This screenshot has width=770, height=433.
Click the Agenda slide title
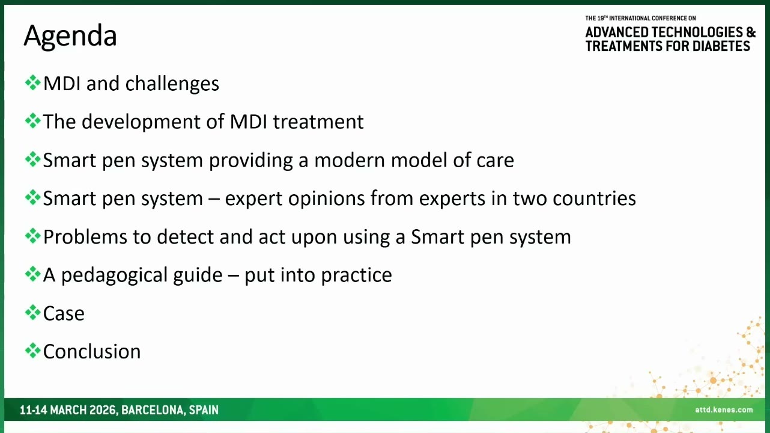click(70, 36)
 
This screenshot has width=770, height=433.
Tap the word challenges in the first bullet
click(172, 84)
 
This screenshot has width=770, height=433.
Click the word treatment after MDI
click(318, 122)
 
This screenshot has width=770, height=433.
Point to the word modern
click(349, 160)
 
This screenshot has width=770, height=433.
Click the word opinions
click(326, 198)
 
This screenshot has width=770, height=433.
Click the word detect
click(185, 237)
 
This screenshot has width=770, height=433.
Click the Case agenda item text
click(64, 313)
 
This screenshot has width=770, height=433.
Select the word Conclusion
click(92, 352)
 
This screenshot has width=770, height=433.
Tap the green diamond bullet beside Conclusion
click(32, 351)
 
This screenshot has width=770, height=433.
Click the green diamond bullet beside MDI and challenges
click(32, 83)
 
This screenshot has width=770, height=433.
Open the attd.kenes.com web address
click(724, 410)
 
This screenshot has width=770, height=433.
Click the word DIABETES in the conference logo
click(721, 46)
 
